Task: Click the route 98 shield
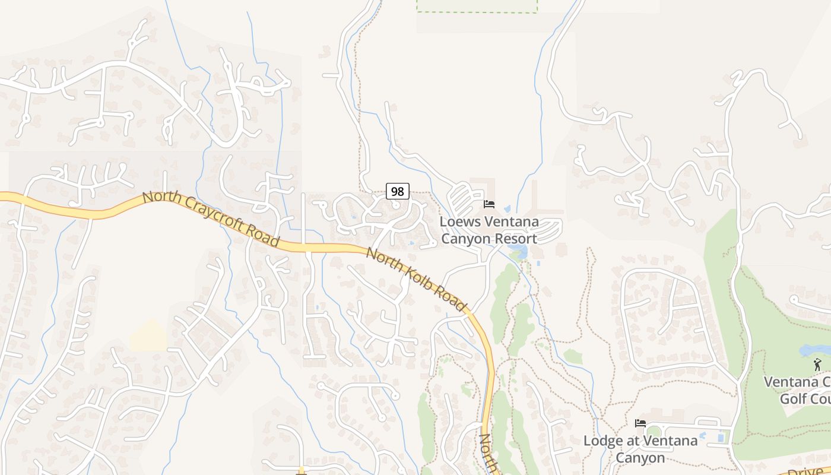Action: pyautogui.click(x=398, y=191)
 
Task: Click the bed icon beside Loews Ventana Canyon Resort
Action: pyautogui.click(x=489, y=204)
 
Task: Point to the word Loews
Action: pyautogui.click(x=461, y=222)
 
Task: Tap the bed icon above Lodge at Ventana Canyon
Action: pyautogui.click(x=640, y=423)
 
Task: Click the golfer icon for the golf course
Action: pyautogui.click(x=818, y=365)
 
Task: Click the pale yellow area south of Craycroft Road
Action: pyautogui.click(x=149, y=336)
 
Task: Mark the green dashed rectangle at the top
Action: pyautogui.click(x=477, y=6)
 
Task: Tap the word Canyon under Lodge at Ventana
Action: pyautogui.click(x=640, y=458)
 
